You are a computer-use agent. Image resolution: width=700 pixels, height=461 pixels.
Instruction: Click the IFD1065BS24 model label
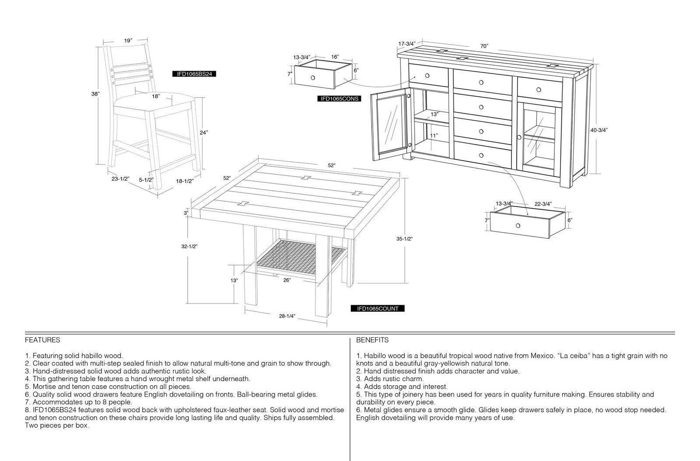[194, 74]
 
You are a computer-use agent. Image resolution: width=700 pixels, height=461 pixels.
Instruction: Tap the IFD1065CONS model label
[339, 99]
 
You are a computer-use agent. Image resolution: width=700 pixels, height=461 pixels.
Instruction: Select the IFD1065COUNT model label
[378, 309]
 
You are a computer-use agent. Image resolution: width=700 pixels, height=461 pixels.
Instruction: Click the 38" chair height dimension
[95, 94]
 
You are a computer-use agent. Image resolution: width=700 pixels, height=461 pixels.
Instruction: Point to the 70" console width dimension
[484, 46]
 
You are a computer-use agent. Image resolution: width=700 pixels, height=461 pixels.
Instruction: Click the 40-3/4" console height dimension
[599, 130]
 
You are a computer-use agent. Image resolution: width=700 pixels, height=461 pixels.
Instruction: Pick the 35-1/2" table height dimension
[404, 239]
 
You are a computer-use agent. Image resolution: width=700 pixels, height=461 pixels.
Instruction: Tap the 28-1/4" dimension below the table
[287, 316]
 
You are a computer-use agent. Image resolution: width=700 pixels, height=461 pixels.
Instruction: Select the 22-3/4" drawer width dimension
[543, 204]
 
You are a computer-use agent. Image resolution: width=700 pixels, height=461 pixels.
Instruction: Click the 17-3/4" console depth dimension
[407, 44]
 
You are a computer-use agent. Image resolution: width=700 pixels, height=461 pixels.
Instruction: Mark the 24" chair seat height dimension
[204, 133]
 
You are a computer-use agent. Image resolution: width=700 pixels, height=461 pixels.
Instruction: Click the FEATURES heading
[42, 340]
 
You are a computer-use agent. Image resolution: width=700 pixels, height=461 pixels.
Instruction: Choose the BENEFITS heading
[372, 340]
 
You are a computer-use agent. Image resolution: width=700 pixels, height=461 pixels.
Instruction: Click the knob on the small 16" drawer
[313, 77]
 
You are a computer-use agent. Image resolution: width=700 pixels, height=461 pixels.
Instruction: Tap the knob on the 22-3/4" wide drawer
[518, 226]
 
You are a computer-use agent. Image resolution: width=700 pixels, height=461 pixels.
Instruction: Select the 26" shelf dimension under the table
[287, 280]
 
